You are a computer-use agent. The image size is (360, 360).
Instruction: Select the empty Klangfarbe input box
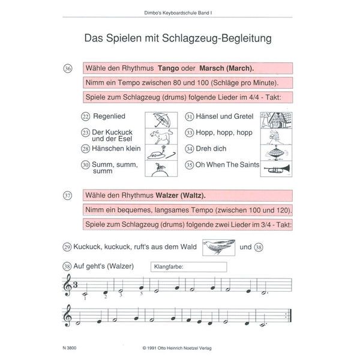click(x=189, y=267)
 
